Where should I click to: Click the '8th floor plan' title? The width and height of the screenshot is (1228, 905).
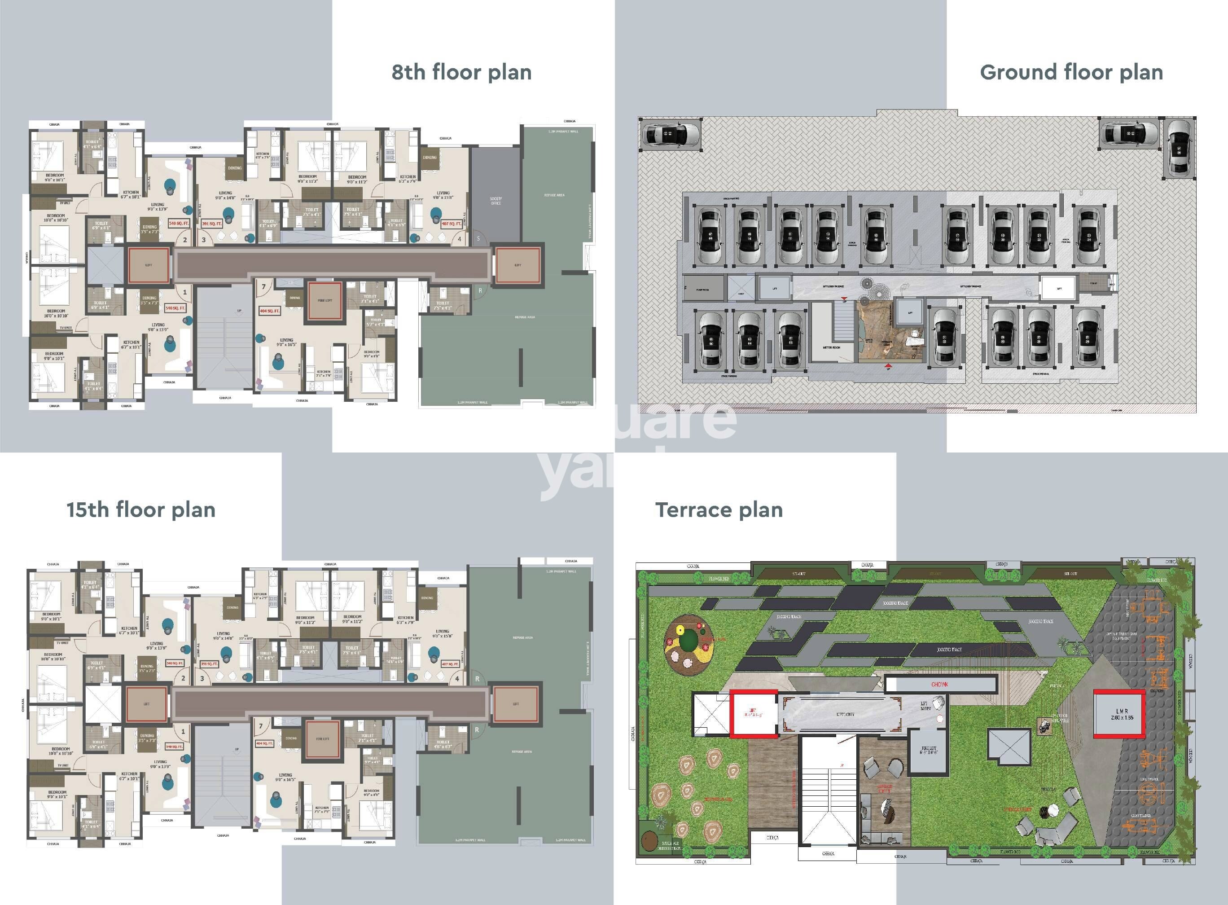(461, 72)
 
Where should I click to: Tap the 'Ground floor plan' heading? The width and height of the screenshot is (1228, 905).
(1071, 72)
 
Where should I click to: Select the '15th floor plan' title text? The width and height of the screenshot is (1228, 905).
(141, 510)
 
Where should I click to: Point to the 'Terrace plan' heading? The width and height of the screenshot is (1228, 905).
(719, 510)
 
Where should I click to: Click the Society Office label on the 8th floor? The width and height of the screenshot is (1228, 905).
(496, 201)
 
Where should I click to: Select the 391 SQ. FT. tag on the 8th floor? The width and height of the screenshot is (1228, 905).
(212, 224)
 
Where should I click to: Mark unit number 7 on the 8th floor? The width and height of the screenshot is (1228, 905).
(264, 286)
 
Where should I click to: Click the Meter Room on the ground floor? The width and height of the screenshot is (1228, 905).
(831, 347)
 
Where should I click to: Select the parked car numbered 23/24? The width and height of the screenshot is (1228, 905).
(1088, 237)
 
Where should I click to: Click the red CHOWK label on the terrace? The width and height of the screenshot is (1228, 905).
(939, 684)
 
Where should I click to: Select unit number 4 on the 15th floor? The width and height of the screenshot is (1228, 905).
(457, 679)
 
